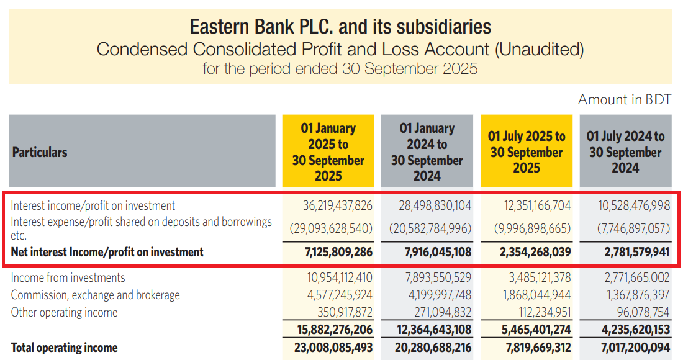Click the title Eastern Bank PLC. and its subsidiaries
(x=340, y=27)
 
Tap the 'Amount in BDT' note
(x=624, y=100)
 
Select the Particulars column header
(x=40, y=152)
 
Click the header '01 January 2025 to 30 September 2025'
(x=328, y=152)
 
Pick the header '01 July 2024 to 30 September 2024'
(x=625, y=152)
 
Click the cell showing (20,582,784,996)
(x=430, y=228)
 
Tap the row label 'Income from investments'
(x=68, y=277)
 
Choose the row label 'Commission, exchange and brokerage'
(x=96, y=295)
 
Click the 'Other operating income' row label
(x=65, y=312)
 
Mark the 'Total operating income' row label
(x=65, y=348)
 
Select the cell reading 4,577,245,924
(x=332, y=295)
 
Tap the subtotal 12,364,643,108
(x=430, y=330)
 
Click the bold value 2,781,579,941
(x=628, y=253)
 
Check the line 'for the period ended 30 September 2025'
(x=340, y=68)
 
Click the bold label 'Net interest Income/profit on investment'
(x=107, y=253)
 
